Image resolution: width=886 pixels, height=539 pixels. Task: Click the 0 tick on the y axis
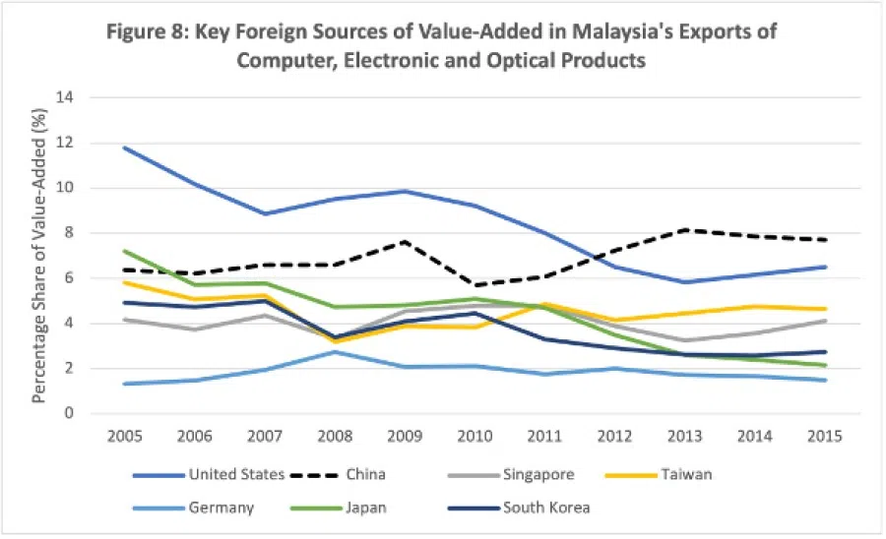pos(71,414)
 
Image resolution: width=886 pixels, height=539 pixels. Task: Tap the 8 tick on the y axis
pos(71,233)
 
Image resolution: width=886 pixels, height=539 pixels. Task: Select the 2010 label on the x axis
pos(476,436)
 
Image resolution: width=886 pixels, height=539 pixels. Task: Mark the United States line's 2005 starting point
pos(125,148)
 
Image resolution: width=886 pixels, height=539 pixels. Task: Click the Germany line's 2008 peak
pos(336,351)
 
